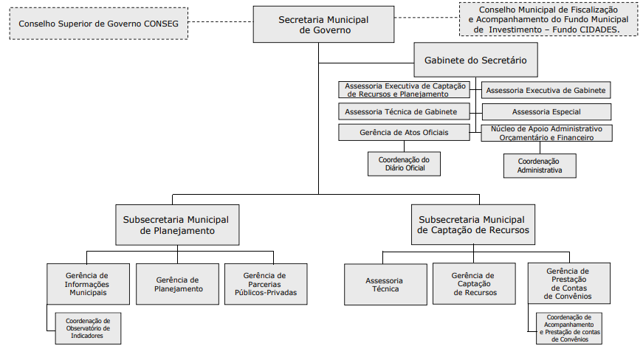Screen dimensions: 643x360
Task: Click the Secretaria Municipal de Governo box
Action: tap(323, 24)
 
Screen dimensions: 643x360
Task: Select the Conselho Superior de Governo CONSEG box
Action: tap(99, 24)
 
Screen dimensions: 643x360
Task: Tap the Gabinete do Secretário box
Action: tap(475, 60)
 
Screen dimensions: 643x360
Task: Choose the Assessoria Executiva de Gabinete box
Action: tap(546, 90)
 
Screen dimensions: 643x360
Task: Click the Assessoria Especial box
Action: tap(546, 111)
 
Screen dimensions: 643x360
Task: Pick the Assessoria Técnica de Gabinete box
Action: tap(404, 111)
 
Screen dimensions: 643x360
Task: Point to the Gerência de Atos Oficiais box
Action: tap(404, 132)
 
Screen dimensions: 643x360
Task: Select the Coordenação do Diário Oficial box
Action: tap(404, 164)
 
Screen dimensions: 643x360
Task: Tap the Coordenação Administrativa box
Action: tap(540, 165)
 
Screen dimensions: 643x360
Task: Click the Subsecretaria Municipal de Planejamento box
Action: tap(177, 225)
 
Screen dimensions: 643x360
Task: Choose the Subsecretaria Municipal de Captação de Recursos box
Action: tap(473, 224)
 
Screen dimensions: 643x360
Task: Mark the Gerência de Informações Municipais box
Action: tap(88, 284)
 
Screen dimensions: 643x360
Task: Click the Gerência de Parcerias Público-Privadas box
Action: tap(266, 284)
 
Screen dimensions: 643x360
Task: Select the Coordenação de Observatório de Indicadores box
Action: tap(88, 328)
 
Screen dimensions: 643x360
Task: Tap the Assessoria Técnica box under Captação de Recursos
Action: tap(385, 284)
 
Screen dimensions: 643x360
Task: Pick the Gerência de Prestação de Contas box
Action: tap(568, 283)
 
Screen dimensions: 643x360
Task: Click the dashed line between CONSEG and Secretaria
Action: tap(221, 21)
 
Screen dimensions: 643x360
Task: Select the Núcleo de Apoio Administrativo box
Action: tap(546, 133)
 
